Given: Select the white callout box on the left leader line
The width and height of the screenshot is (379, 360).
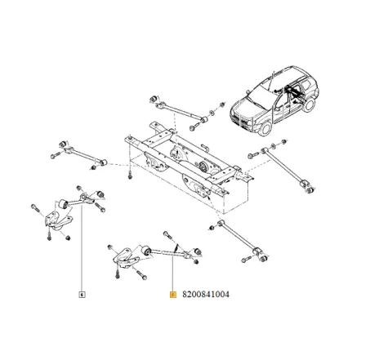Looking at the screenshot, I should point(82,293).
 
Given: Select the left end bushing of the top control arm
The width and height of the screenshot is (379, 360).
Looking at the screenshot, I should point(153,99).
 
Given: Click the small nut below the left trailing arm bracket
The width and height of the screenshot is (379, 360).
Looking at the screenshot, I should point(67,237).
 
